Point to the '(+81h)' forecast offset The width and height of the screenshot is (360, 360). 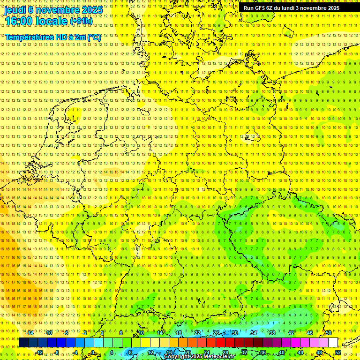coord(82,21)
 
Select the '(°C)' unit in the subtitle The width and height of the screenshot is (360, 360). coord(94,37)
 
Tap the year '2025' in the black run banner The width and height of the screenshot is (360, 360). coord(333,8)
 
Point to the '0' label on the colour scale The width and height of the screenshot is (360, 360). coord(93,352)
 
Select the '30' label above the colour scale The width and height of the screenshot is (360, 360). coord(234,333)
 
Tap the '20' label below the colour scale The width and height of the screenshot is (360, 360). coord(187,352)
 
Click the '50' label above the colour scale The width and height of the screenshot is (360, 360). coord(329,333)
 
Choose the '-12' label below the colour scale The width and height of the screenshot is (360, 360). coord(39,352)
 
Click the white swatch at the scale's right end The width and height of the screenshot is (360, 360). coord(333,343)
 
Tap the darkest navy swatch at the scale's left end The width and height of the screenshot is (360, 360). coord(23,343)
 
